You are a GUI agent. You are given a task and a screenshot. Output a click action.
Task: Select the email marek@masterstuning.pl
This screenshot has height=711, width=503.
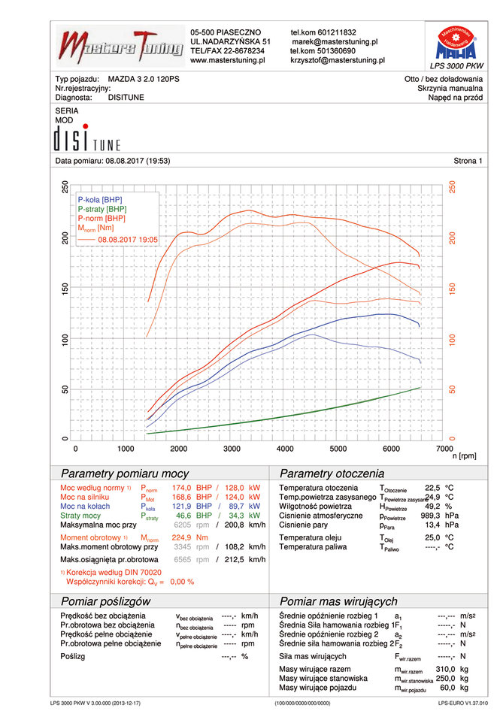(x=335, y=42)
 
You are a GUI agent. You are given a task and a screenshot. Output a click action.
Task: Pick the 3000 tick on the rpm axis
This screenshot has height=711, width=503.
(x=232, y=448)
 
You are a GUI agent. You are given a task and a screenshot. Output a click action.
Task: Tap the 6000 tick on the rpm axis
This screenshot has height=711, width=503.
(x=389, y=448)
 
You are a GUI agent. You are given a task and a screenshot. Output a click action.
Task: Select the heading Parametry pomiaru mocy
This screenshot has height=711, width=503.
(x=124, y=474)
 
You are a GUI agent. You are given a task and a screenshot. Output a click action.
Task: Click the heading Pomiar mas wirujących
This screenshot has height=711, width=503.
(x=338, y=601)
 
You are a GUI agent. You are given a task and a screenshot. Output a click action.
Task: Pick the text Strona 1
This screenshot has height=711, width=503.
(x=468, y=161)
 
